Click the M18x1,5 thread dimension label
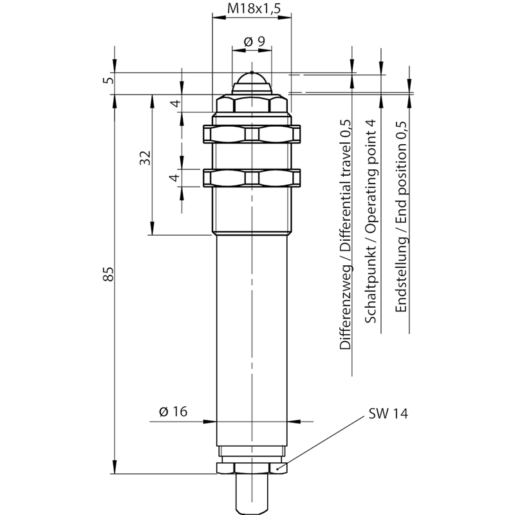[x=254, y=8]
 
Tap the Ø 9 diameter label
[x=254, y=42]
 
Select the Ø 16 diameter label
[x=173, y=411]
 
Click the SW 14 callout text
[x=388, y=413]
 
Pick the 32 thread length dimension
[x=145, y=158]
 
